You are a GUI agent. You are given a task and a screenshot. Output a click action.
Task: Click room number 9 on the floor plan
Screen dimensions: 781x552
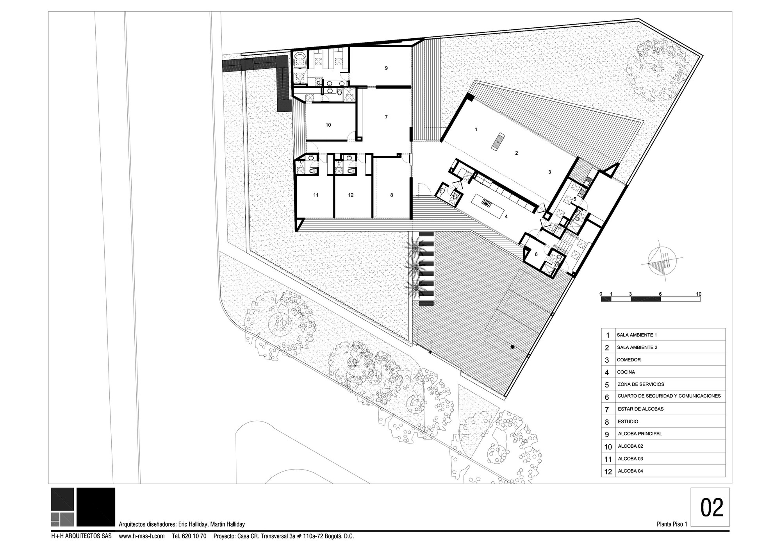pyautogui.click(x=386, y=68)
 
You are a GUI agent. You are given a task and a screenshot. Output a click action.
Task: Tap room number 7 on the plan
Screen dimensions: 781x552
pyautogui.click(x=386, y=117)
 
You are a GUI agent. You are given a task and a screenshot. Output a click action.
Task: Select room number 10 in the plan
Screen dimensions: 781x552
pyautogui.click(x=328, y=125)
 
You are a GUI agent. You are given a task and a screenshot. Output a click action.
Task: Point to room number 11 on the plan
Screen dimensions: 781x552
pyautogui.click(x=316, y=195)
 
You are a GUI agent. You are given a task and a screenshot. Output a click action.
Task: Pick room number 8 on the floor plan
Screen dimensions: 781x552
pyautogui.click(x=392, y=195)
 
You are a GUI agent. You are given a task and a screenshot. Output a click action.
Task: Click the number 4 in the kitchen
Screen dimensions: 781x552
pyautogui.click(x=506, y=216)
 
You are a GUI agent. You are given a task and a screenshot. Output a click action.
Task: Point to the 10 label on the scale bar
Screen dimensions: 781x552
pyautogui.click(x=699, y=294)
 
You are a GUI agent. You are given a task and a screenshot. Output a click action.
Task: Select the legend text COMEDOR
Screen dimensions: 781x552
pyautogui.click(x=629, y=360)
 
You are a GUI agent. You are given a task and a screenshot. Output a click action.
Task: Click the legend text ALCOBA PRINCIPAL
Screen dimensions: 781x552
pyautogui.click(x=640, y=434)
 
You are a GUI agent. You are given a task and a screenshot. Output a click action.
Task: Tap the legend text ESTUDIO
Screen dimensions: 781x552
pyautogui.click(x=628, y=422)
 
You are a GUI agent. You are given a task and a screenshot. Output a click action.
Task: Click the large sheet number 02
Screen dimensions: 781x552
pyautogui.click(x=711, y=507)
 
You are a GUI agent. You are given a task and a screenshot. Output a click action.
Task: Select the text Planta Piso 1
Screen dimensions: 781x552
pyautogui.click(x=672, y=524)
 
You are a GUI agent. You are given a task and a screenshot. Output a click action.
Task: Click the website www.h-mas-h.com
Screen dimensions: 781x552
pyautogui.click(x=142, y=536)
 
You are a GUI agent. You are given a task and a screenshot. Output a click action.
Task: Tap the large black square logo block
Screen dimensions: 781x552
pyautogui.click(x=96, y=507)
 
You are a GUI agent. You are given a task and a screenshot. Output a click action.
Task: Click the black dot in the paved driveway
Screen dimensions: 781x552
pyautogui.click(x=512, y=347)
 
